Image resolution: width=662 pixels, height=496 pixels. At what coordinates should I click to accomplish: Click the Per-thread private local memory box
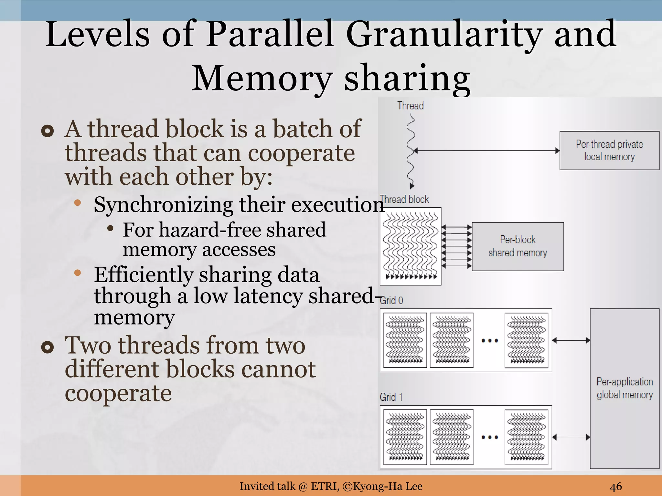[609, 150]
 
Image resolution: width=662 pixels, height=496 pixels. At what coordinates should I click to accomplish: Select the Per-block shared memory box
[518, 246]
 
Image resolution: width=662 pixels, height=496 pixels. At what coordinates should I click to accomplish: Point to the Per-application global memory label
[625, 388]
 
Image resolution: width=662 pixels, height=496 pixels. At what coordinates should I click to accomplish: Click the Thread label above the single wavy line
[410, 106]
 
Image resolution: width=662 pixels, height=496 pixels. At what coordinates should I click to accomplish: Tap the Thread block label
[404, 199]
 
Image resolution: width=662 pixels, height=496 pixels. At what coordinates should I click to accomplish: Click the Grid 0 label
[391, 300]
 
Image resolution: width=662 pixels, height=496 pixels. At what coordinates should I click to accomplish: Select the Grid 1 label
[391, 397]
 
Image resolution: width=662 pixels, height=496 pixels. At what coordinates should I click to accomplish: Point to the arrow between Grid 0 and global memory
[571, 340]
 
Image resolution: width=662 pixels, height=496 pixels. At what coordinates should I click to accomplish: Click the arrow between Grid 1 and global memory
[571, 437]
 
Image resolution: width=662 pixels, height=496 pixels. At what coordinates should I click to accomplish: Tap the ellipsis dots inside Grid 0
[489, 341]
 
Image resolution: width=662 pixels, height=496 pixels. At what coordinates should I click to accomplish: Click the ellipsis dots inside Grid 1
[489, 438]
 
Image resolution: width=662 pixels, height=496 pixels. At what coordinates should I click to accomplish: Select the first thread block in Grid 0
[405, 340]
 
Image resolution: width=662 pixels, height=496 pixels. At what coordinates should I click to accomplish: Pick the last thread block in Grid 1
[526, 437]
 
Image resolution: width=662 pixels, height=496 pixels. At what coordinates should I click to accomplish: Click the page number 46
[616, 486]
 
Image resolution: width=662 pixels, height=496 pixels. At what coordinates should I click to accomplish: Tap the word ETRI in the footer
[325, 486]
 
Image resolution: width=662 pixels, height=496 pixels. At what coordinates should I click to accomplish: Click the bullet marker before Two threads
[48, 347]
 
